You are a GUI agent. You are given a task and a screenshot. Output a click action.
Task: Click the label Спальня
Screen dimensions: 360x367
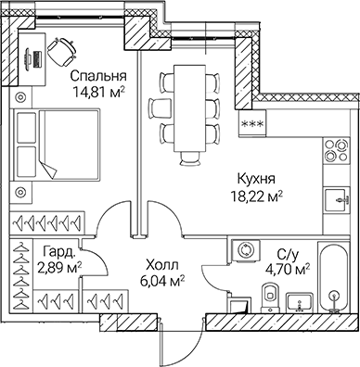(97, 76)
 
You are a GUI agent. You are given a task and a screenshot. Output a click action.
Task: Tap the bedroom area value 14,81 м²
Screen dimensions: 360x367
(97, 92)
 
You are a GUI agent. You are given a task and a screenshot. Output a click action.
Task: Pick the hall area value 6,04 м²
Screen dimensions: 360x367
(161, 277)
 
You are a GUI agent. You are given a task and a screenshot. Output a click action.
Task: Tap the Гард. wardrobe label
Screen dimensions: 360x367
(58, 251)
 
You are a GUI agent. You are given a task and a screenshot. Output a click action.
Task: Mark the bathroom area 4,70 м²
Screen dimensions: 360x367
(289, 269)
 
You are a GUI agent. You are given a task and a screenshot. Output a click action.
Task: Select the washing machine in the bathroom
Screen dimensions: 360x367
(245, 251)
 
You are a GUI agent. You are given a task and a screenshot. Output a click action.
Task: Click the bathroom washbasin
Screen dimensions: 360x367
(299, 300)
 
